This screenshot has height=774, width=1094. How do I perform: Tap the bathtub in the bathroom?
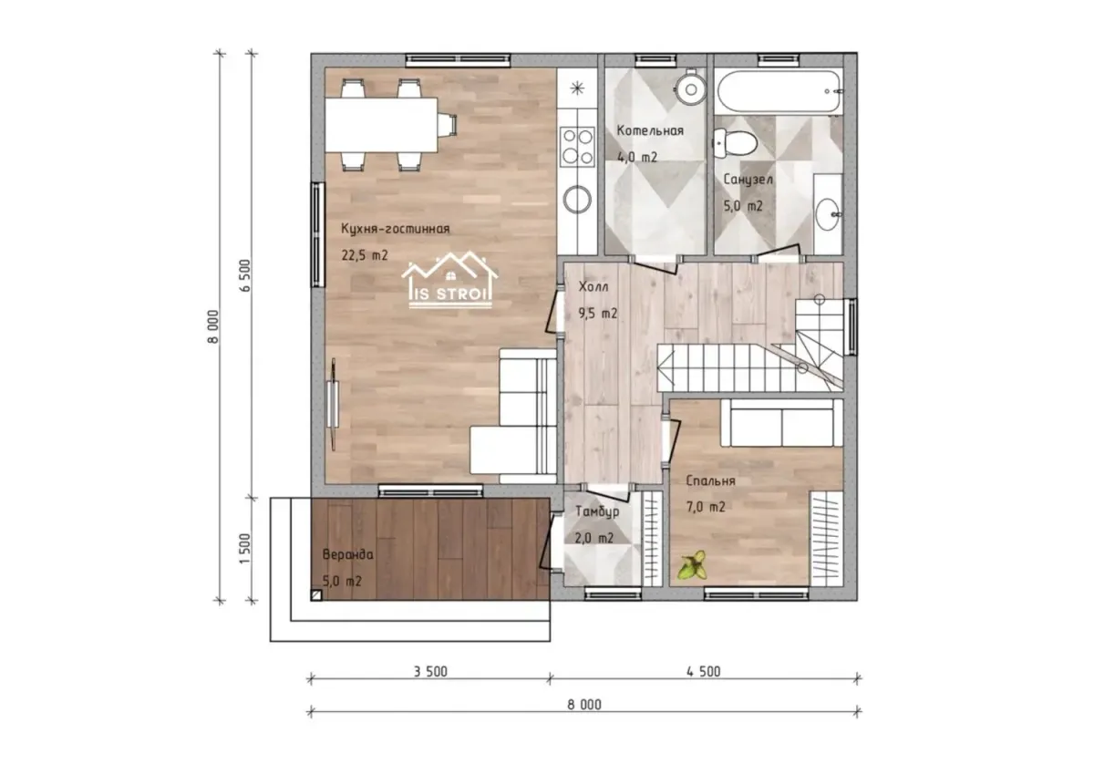click(x=779, y=91)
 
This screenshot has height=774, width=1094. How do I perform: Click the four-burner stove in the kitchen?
click(x=577, y=147)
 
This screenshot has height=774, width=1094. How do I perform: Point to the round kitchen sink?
click(x=577, y=200)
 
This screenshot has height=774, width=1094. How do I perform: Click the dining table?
click(x=381, y=125)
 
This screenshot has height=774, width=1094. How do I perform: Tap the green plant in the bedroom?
click(x=693, y=565)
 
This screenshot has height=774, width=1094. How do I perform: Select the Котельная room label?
click(x=649, y=131)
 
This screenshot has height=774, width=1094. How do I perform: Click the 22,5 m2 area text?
click(x=365, y=255)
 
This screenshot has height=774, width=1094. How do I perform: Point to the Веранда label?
click(x=347, y=554)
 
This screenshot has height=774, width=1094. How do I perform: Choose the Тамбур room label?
click(x=597, y=511)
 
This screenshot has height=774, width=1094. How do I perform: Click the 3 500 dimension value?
click(x=430, y=672)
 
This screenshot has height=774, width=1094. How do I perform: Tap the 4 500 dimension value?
click(x=703, y=672)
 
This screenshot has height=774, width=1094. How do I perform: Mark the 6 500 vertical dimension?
click(x=244, y=275)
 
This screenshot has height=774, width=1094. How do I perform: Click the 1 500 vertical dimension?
click(x=244, y=549)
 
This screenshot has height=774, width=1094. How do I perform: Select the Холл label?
click(x=593, y=286)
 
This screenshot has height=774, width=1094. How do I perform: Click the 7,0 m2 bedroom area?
click(x=706, y=508)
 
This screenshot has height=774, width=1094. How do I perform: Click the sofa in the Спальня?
click(x=781, y=422)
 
